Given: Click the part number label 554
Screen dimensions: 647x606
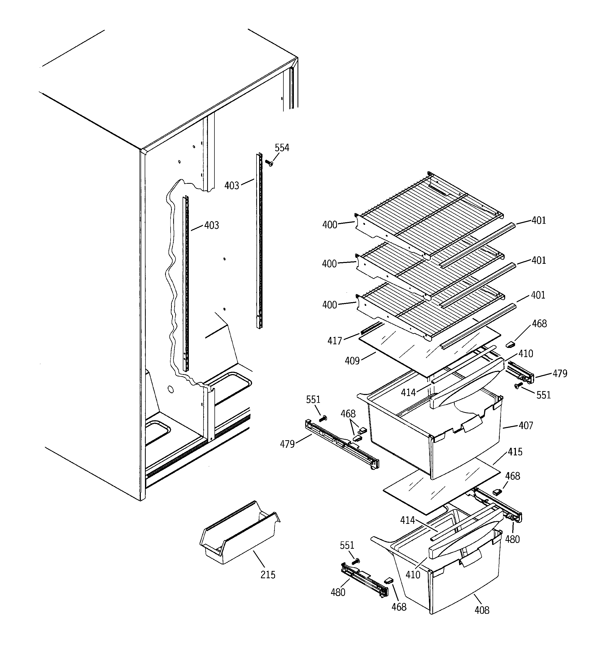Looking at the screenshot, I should coord(282,148).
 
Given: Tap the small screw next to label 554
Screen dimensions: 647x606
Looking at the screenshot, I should coord(269,163).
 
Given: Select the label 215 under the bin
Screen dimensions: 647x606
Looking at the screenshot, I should coord(268,575).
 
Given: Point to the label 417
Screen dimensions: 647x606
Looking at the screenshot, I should coord(334,341).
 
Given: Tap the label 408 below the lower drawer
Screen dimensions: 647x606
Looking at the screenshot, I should coord(482,610).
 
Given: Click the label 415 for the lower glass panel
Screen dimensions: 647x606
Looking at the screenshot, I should coord(515,452).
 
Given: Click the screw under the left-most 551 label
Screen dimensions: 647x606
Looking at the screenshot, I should coord(324,418).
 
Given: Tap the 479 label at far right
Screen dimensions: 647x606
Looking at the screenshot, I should coord(560,374).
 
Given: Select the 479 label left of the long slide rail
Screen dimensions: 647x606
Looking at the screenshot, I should coord(287,444).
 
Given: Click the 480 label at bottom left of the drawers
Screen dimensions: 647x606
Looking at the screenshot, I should coord(338,592).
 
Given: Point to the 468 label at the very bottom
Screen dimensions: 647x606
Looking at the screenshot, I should coord(399,607).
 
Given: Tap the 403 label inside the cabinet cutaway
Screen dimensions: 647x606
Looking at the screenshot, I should coord(211,225).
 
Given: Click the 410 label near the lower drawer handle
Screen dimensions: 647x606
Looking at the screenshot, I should coord(413,575).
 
